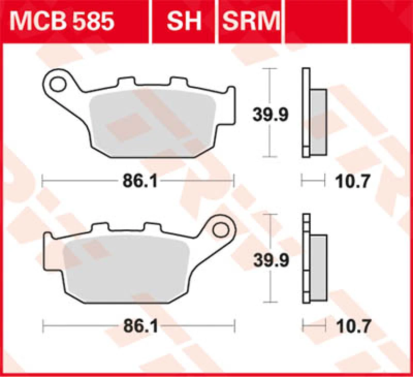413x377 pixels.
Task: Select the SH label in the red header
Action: pos(184,22)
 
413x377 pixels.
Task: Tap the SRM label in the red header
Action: pos(251,22)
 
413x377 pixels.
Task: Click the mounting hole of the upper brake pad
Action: pos(60,83)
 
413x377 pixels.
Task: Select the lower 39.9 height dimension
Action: pos(270,259)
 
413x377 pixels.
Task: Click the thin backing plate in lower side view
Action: pos(306,258)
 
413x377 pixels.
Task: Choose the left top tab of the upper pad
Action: pos(126,83)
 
